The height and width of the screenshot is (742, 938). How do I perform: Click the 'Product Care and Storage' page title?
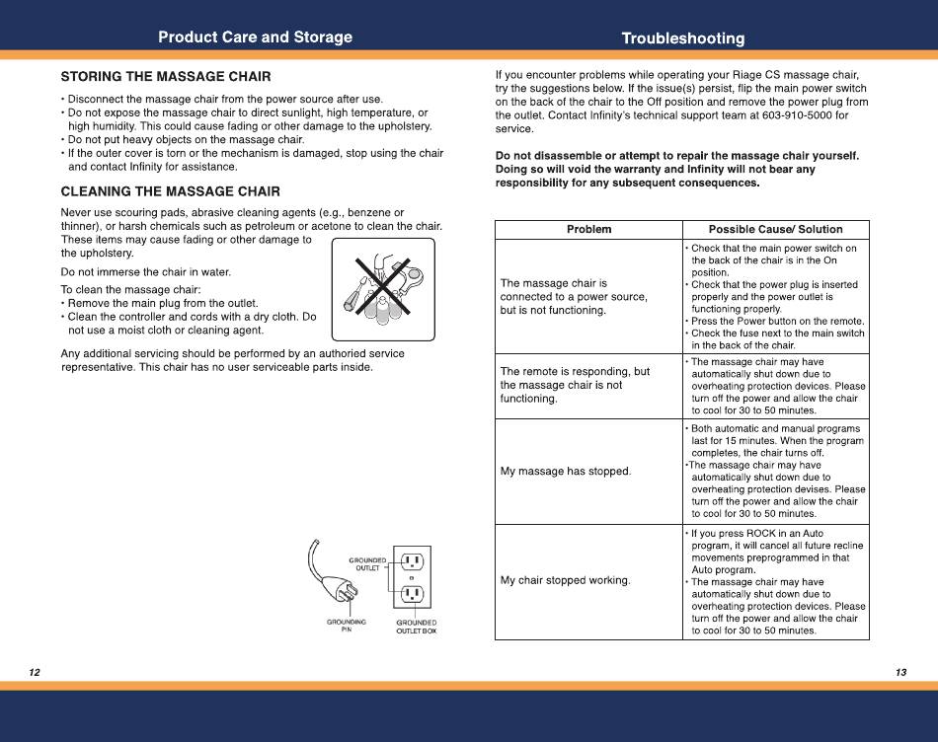[x=255, y=37]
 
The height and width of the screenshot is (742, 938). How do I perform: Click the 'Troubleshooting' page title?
[x=683, y=38]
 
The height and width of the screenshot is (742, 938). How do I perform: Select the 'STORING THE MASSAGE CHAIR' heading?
[x=166, y=77]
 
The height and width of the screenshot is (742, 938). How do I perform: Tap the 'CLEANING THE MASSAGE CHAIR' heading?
[x=171, y=191]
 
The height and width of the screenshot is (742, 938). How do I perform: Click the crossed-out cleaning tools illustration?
[x=383, y=289]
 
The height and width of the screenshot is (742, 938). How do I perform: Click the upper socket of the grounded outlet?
[x=412, y=562]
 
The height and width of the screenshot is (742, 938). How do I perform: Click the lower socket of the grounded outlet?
[x=412, y=594]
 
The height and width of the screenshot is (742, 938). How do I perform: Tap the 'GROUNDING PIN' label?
[x=347, y=626]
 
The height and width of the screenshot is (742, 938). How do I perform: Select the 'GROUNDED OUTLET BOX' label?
[x=417, y=627]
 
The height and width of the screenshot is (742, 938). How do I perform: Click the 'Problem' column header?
[x=589, y=230]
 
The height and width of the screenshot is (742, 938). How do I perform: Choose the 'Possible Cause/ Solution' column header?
[x=775, y=230]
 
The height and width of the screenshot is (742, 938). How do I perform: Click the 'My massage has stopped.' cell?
[x=566, y=471]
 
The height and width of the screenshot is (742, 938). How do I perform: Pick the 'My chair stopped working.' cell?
[x=566, y=580]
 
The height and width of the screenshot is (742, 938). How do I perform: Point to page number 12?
[x=35, y=672]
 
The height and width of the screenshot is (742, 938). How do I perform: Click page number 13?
[x=900, y=672]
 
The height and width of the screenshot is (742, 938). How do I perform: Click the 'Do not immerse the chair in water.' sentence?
[x=146, y=272]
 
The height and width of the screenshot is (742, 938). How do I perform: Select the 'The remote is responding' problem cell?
[x=575, y=385]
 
